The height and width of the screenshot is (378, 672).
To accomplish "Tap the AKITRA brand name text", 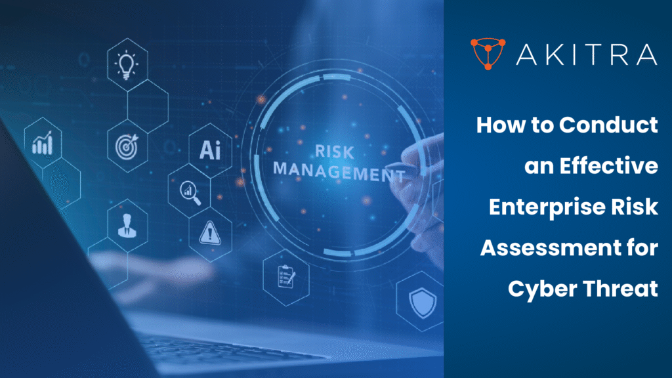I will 586,54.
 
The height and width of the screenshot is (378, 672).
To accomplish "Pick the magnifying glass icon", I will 189,191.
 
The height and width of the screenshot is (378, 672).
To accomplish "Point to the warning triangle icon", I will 210,232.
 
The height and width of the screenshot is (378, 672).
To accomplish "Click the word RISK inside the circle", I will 335,152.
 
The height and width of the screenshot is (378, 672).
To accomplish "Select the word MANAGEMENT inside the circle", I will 338,172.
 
